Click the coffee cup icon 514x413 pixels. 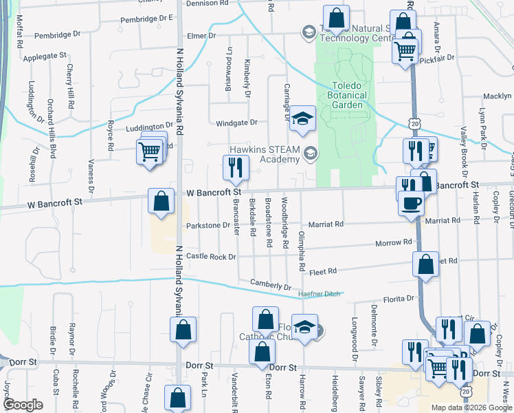pyautogui.click(x=412, y=204)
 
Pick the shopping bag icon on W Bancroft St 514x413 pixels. pyautogui.click(x=161, y=202)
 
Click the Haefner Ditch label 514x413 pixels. pyautogui.click(x=319, y=294)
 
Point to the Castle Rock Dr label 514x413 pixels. pyautogui.click(x=211, y=256)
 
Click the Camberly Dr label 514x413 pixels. pyautogui.click(x=271, y=284)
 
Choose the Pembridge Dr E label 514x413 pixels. pyautogui.click(x=146, y=19)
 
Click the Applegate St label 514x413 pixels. pyautogui.click(x=45, y=55)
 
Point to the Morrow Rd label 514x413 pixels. pyautogui.click(x=393, y=242)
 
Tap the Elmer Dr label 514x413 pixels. pyautogui.click(x=202, y=35)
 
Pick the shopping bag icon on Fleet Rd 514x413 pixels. pyautogui.click(x=425, y=263)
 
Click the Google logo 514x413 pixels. pyautogui.click(x=23, y=405)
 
